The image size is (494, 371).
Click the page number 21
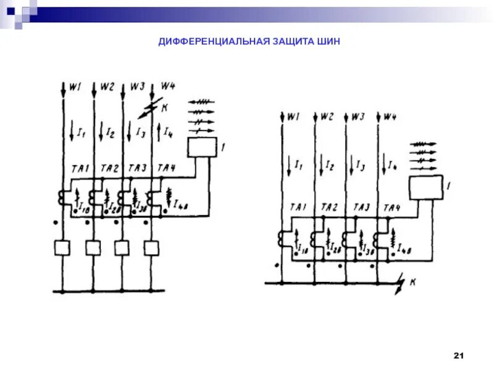(458, 356)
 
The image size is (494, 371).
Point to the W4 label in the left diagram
(168, 85)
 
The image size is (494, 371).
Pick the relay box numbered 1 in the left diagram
(202, 148)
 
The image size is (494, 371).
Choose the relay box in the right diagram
(425, 187)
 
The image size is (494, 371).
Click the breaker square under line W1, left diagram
(63, 248)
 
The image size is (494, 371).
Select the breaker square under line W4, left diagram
(152, 248)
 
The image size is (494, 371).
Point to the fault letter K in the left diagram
(165, 108)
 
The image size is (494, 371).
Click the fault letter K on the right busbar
(412, 283)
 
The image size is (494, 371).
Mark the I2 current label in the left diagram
(110, 132)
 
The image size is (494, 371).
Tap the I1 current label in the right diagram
(298, 164)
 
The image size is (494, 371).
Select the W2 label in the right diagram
(327, 116)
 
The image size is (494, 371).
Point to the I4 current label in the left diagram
(168, 132)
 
